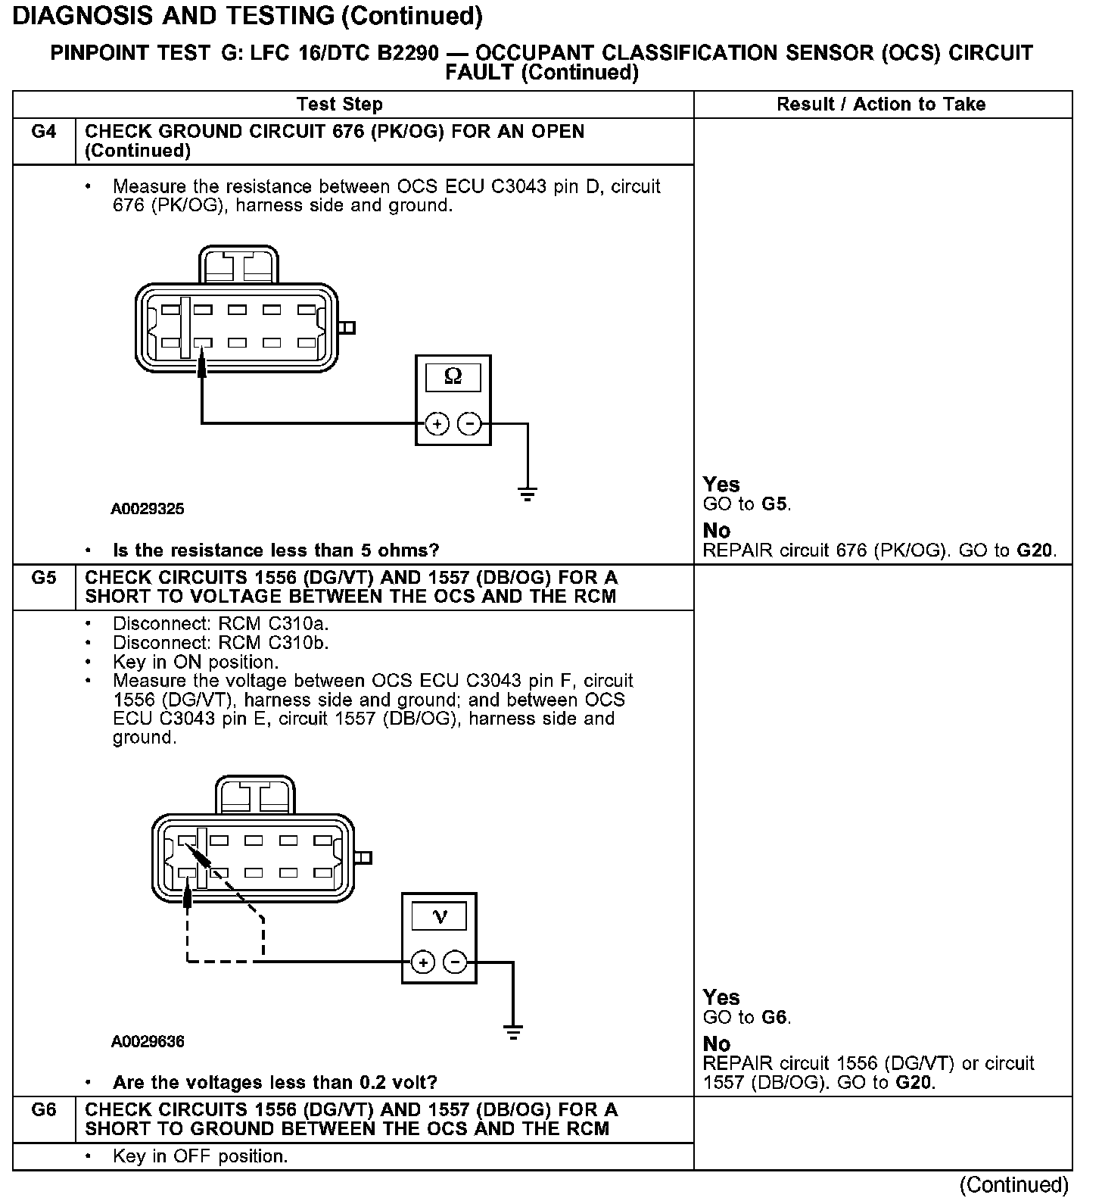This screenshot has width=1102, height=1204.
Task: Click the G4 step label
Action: click(x=44, y=132)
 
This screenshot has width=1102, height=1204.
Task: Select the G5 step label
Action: click(x=44, y=578)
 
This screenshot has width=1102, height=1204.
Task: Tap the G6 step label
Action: click(x=44, y=1110)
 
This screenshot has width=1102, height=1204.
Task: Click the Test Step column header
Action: click(x=340, y=104)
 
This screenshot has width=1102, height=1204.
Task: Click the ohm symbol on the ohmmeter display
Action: click(x=453, y=376)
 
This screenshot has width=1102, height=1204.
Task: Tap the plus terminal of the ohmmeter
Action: click(x=437, y=423)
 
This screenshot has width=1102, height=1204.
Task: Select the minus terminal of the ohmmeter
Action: click(x=470, y=423)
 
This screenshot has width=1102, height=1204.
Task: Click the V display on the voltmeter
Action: click(x=439, y=916)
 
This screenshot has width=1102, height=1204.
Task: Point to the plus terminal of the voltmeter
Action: click(x=423, y=962)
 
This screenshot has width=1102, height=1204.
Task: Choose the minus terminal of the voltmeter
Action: click(x=456, y=962)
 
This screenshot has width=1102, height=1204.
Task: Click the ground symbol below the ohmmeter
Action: click(x=528, y=494)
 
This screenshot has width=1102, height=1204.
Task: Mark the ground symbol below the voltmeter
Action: click(x=513, y=1032)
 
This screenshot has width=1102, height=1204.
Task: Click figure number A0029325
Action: click(x=148, y=509)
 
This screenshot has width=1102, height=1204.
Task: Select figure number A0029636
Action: click(x=148, y=1041)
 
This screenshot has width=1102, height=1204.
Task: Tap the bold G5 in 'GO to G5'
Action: click(x=775, y=504)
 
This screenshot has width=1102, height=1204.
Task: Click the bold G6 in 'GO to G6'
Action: click(x=775, y=1017)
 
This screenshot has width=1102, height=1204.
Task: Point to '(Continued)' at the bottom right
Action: click(x=1014, y=1184)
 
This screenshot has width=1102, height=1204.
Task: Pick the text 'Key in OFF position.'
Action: click(x=200, y=1156)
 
